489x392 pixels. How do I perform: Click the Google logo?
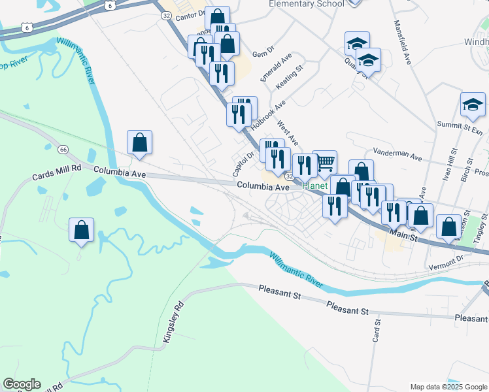pyautogui.click(x=22, y=384)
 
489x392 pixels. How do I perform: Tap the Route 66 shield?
pyautogui.click(x=63, y=150)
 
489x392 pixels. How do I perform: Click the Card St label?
pyautogui.click(x=377, y=330)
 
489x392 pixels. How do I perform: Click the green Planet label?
pyautogui.click(x=314, y=186)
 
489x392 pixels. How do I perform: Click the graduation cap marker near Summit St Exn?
pyautogui.click(x=473, y=105)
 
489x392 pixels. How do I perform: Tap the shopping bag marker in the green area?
pyautogui.click(x=82, y=230)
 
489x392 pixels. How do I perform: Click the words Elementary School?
pyautogui.click(x=307, y=4)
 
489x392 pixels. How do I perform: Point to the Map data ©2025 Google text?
pyautogui.click(x=448, y=386)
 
